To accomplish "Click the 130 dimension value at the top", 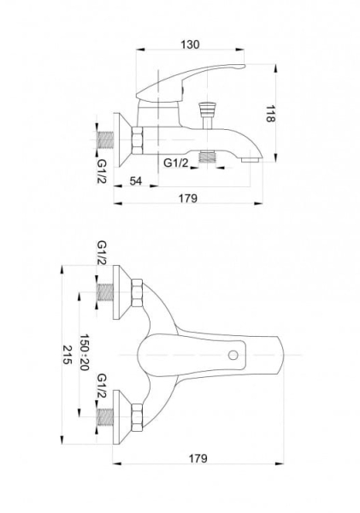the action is [x=190, y=44].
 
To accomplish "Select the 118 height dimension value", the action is [x=269, y=114].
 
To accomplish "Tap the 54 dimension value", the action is [x=136, y=180].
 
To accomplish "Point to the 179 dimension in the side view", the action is [x=188, y=198].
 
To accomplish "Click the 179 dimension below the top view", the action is [x=198, y=458].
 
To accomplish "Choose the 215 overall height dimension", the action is [x=67, y=355].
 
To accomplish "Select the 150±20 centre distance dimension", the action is [x=85, y=352].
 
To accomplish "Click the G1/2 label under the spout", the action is [x=176, y=162].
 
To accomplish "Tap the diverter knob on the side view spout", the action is [x=208, y=109].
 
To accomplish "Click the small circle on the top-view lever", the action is [x=233, y=355].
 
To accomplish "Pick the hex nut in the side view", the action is [x=137, y=140].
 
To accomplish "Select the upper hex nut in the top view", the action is [x=137, y=292].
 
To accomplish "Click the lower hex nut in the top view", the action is [x=137, y=417].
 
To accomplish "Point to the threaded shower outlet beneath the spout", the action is [x=207, y=156].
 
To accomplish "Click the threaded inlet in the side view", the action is [x=106, y=140].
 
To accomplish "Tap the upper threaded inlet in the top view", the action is [x=106, y=292].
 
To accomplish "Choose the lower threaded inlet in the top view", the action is [x=106, y=417].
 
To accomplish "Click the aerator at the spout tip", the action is [x=251, y=160].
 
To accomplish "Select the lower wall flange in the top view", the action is [x=122, y=417].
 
